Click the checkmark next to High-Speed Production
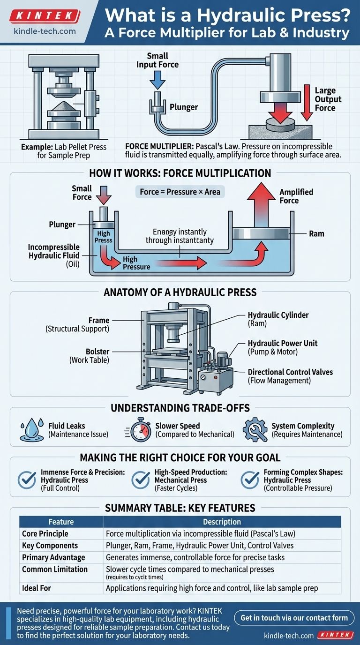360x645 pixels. point(140,479)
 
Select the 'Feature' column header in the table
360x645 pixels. point(61,522)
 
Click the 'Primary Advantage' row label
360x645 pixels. point(53,557)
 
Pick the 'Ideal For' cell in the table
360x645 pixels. point(37,588)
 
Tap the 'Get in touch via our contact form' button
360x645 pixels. point(294,618)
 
